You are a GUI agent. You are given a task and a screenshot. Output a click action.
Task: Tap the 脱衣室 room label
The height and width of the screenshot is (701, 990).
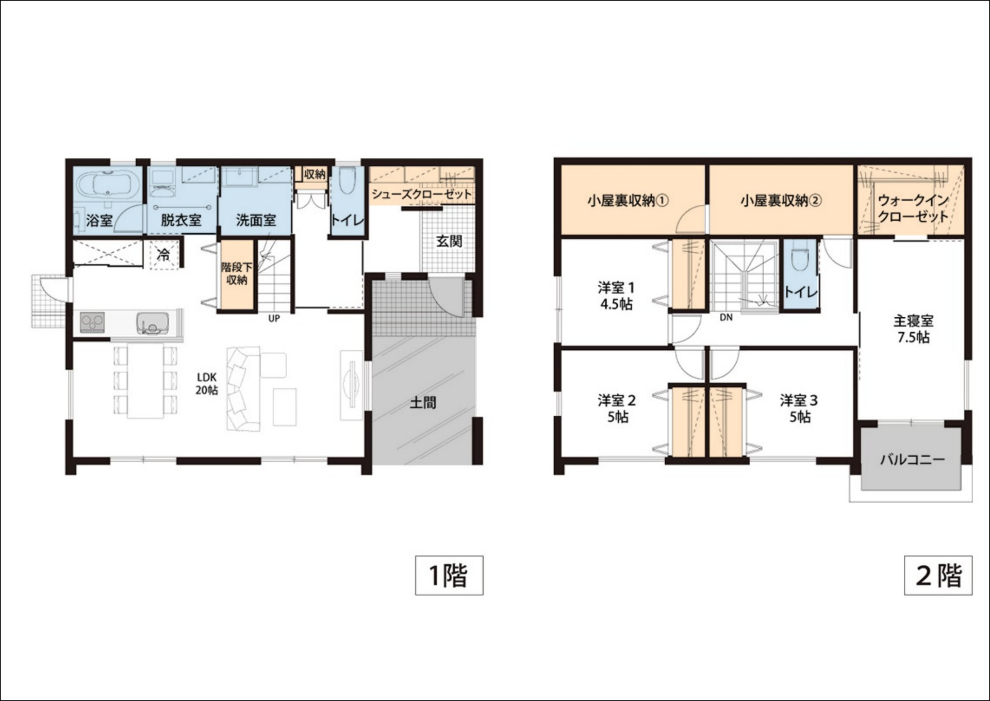point(181,220)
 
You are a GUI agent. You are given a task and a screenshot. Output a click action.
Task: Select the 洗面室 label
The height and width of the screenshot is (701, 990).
point(256,220)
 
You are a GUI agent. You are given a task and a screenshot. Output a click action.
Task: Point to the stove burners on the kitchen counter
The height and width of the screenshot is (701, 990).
point(93,323)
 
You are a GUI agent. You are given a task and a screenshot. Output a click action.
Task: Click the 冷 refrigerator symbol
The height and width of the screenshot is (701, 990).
point(163,254)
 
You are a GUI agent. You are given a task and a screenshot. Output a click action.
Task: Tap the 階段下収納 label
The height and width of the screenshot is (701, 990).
point(237,273)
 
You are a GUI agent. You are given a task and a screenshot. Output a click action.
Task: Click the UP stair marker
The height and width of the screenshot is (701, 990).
point(274,319)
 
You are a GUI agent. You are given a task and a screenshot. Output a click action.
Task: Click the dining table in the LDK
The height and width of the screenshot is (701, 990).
point(145,381)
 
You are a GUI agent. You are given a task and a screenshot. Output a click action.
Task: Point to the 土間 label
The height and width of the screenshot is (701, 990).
point(423,402)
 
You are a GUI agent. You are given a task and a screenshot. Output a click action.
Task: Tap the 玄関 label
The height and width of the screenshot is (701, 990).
point(449,241)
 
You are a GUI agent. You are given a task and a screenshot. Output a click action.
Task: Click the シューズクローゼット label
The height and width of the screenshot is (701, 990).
point(422,194)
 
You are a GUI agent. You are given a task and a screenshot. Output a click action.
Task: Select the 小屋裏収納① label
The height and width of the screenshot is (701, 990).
point(628,200)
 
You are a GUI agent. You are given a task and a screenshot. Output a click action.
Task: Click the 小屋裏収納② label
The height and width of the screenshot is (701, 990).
point(781,200)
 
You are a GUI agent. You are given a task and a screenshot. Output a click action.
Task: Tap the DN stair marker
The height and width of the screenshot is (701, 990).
point(726,318)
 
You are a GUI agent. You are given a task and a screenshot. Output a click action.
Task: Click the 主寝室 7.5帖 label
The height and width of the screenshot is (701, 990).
point(913,329)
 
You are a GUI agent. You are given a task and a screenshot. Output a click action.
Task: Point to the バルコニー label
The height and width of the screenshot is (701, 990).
point(912,459)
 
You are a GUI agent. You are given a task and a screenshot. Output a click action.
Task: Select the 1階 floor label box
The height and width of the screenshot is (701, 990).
point(449,575)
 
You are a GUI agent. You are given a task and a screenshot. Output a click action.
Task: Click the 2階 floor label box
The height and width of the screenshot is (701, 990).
point(938,575)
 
